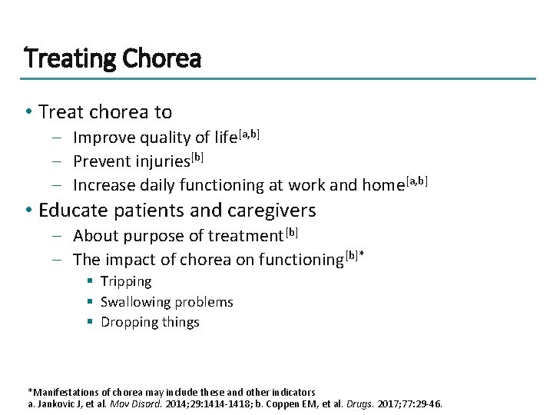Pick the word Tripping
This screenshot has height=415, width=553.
click(126, 282)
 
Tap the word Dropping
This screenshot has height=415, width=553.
click(130, 323)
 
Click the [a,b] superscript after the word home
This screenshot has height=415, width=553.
click(414, 181)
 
